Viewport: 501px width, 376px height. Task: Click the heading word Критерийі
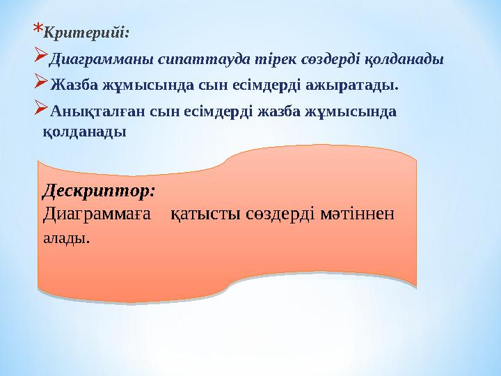point(86,32)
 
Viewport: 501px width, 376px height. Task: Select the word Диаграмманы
point(100,58)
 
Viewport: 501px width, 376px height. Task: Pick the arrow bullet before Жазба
point(40,81)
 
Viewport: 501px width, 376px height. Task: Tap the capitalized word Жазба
point(74,85)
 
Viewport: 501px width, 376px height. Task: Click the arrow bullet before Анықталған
point(40,107)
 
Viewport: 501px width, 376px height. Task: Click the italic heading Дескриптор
point(98,189)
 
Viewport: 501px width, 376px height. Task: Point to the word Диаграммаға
point(97,214)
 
